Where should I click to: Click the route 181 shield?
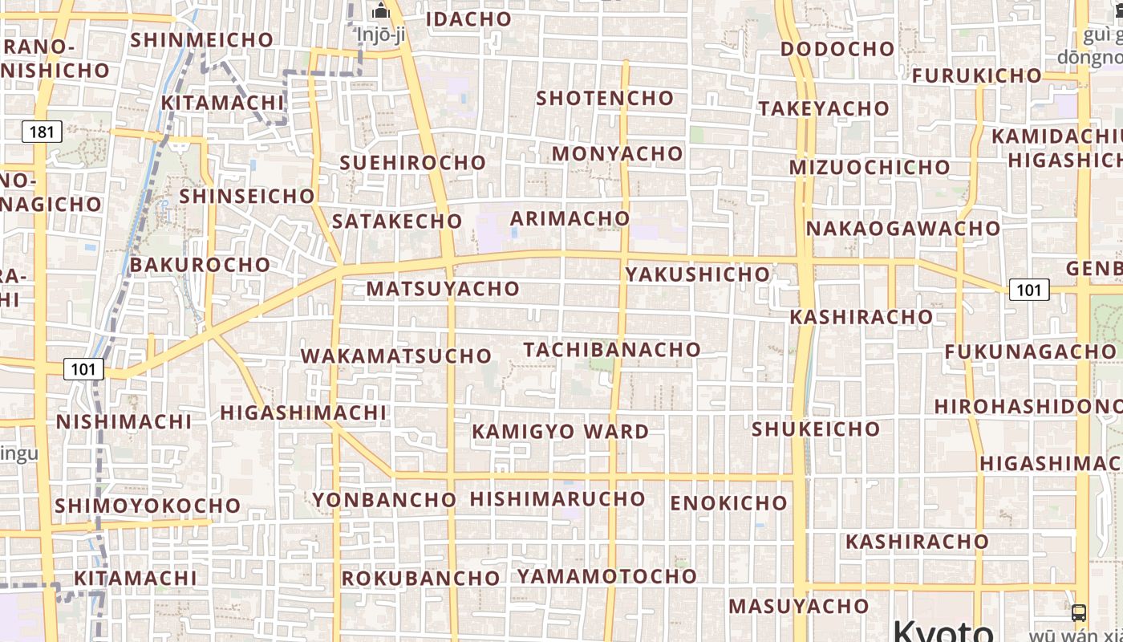42,131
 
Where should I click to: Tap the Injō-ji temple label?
381,35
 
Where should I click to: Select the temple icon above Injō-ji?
382,11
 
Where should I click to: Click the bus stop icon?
1079,613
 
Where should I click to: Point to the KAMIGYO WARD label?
560,432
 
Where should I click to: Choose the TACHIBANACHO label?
612,350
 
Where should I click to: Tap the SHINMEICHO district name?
201,39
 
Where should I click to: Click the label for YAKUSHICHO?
697,274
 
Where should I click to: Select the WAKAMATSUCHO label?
395,356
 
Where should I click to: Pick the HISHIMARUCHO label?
557,499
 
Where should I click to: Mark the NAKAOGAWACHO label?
903,229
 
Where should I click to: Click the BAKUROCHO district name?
200,265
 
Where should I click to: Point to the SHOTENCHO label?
605,99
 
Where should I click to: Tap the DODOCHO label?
837,49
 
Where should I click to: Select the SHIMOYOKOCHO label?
148,506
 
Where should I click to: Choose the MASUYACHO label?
798,606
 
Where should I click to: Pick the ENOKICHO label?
728,503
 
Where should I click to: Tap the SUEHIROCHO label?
413,163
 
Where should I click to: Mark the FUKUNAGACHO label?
1030,352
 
